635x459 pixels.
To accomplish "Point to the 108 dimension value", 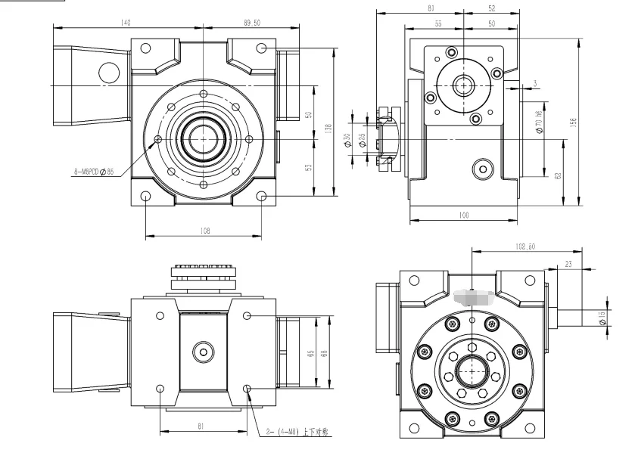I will click(204, 231).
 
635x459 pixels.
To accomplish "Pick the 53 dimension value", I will click(309, 168).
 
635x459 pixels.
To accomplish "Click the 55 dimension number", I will click(438, 24).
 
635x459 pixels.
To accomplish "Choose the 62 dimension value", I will click(558, 175).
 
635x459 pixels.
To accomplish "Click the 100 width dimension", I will click(463, 216).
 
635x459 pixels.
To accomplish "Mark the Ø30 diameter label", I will click(347, 140).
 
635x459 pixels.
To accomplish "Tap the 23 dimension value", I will click(568, 264).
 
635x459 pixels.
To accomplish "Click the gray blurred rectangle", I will click(473, 299).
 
